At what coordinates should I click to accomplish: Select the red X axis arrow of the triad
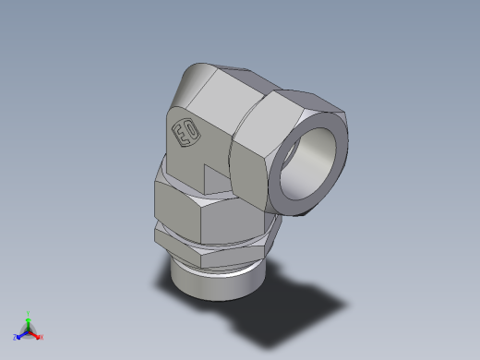[x=36, y=335]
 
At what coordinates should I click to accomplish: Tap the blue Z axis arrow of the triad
[x=20, y=334]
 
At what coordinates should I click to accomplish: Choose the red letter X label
[x=42, y=338]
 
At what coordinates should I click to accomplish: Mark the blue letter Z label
[x=15, y=337]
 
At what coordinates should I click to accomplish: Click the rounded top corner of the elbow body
[x=198, y=74]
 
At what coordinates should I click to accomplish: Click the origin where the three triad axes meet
[x=29, y=330]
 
